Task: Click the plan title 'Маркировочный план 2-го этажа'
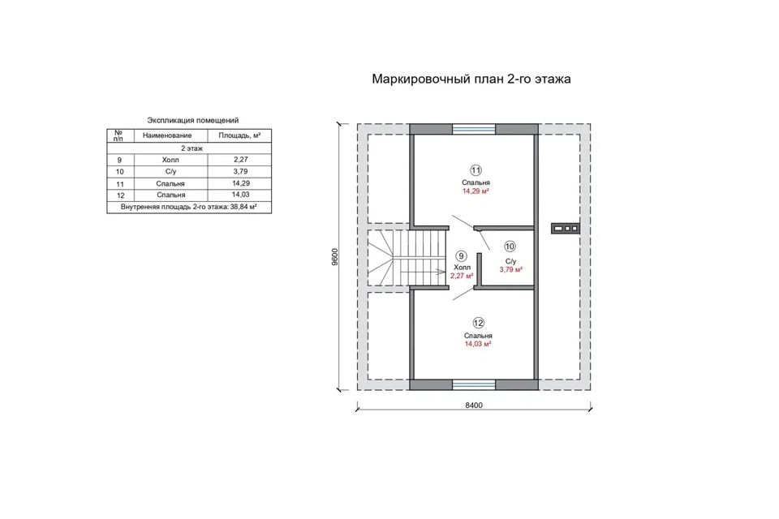coord(471,79)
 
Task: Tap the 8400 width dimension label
coord(473,405)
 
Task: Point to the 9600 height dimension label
coord(335,257)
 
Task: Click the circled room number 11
coord(476,170)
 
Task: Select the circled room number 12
coord(478,324)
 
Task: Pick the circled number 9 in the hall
coord(461,255)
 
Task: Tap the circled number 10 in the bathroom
coord(510,247)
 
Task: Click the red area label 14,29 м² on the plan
coord(476,191)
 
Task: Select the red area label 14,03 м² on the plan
coord(478,344)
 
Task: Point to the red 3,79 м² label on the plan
coord(510,270)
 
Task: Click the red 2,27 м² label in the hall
coord(462,276)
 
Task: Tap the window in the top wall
coord(474,129)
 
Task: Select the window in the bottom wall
coord(474,385)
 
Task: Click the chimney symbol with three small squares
coord(566,229)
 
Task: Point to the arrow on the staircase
coord(423,272)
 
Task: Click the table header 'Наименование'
coord(167,135)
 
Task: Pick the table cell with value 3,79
coord(240,171)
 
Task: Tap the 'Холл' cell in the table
coord(170,160)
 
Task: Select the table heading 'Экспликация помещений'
coord(193,120)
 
